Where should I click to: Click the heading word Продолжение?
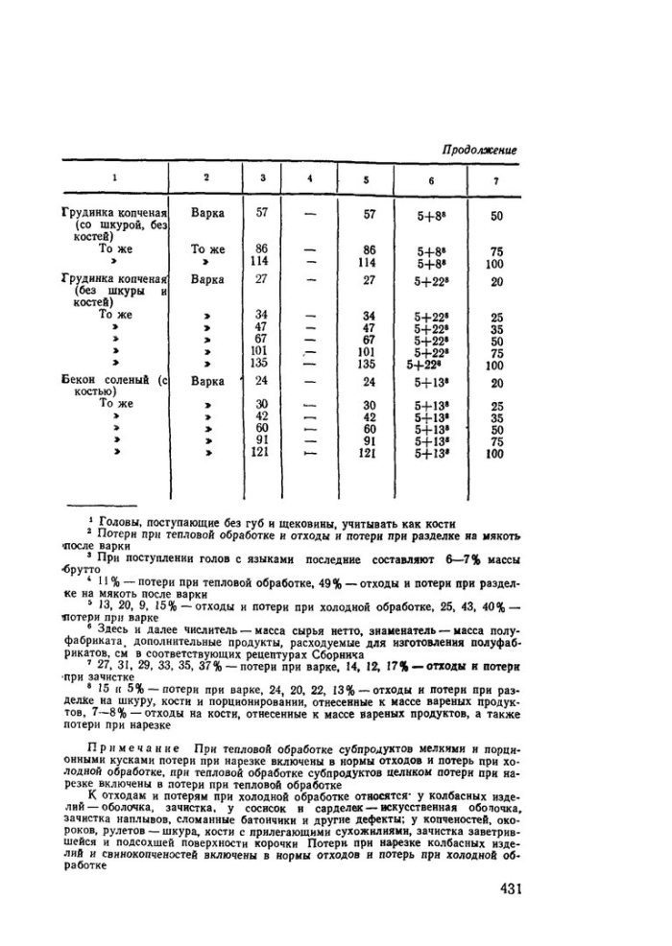click(x=480, y=151)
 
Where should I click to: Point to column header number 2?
click(x=206, y=177)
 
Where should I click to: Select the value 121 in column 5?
click(x=367, y=455)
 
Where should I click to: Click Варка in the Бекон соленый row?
click(x=207, y=381)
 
